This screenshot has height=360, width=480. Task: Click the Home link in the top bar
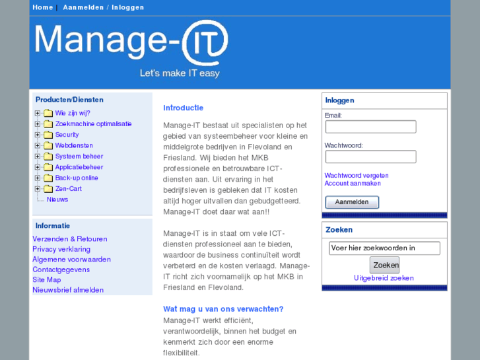[42, 7]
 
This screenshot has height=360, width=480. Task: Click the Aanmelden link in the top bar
[83, 7]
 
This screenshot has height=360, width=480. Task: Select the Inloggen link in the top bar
[127, 7]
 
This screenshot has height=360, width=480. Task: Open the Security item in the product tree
[67, 135]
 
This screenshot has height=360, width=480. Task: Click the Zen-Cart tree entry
[68, 189]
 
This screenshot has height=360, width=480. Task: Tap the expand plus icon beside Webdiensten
[38, 145]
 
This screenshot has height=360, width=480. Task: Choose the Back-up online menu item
[76, 178]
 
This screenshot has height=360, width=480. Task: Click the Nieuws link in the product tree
[57, 199]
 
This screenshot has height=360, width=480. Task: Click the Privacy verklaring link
[61, 249]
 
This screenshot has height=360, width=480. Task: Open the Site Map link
[46, 280]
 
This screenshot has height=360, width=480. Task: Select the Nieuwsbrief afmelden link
[68, 290]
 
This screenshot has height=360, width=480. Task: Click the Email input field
[370, 127]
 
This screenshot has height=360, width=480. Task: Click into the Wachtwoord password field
[370, 157]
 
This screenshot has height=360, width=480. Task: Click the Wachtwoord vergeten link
[357, 176]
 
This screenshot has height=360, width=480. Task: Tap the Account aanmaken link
[353, 184]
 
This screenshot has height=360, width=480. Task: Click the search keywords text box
[384, 248]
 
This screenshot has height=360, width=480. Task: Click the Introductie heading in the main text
[183, 108]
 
